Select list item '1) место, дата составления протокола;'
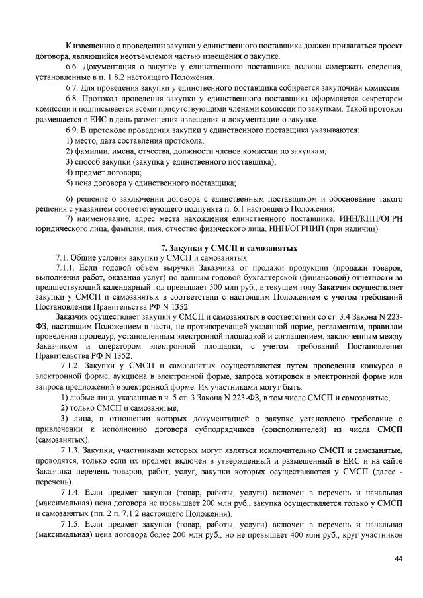point(134,140)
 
